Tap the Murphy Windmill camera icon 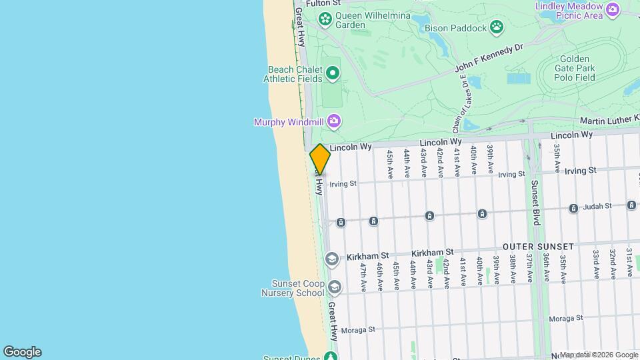click(x=334, y=121)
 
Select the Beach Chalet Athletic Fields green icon click(x=333, y=72)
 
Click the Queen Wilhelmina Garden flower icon click(x=325, y=19)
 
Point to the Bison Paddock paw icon click(x=497, y=27)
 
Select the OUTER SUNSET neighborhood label click(x=537, y=247)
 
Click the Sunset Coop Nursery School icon click(x=333, y=287)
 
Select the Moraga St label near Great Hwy click(x=359, y=329)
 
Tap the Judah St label click(x=597, y=207)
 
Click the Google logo click(x=22, y=352)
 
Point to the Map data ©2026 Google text click(x=598, y=355)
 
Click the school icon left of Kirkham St click(x=331, y=258)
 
